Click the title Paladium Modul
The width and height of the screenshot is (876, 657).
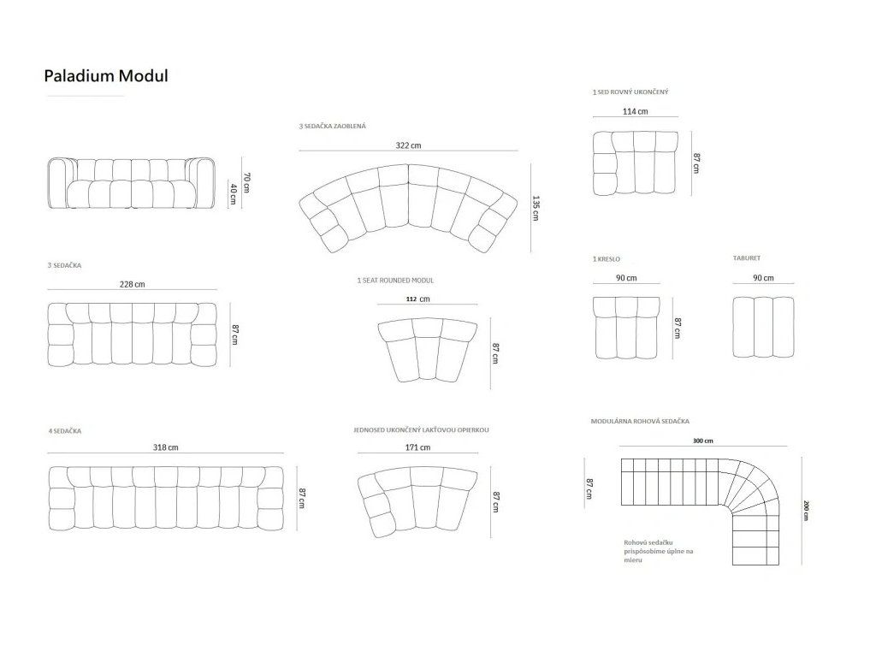(106, 76)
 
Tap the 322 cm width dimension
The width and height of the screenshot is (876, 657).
(408, 145)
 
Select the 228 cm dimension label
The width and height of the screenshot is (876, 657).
(133, 284)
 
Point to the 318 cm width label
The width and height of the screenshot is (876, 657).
(166, 447)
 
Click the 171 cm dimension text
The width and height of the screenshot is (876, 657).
(417, 447)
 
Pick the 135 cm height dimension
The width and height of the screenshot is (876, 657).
(536, 208)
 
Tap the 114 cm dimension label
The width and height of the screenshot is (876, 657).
(636, 111)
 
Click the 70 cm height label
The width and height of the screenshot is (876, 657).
(246, 183)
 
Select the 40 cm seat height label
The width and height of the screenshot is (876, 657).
(233, 193)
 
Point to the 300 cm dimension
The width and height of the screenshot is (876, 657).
(703, 441)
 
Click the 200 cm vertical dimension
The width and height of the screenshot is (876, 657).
(806, 510)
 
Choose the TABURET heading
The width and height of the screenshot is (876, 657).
(747, 258)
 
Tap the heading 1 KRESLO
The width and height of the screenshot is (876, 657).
(607, 259)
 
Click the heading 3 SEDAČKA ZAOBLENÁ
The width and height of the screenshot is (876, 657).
(333, 127)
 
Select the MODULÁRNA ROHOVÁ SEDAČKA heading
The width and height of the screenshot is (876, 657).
(640, 421)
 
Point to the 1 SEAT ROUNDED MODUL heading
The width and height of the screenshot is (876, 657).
(395, 281)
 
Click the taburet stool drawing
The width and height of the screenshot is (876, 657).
(763, 327)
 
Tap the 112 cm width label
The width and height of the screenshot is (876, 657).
(417, 299)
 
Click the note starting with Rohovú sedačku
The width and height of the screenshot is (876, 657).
(659, 551)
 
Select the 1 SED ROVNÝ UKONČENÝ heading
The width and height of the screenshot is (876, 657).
(630, 92)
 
